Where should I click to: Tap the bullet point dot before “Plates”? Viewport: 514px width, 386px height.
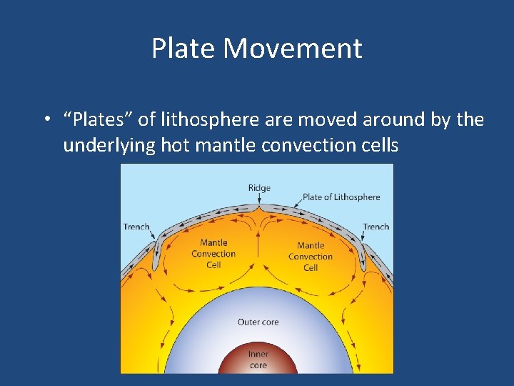click(x=45, y=120)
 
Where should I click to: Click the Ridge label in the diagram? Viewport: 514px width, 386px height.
click(x=259, y=188)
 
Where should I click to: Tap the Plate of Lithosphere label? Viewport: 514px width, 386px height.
click(x=341, y=197)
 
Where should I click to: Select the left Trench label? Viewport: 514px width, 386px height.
click(x=136, y=227)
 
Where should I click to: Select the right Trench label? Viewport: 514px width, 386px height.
click(x=376, y=227)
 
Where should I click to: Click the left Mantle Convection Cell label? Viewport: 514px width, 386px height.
click(x=213, y=254)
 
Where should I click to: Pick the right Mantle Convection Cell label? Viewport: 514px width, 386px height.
click(x=311, y=257)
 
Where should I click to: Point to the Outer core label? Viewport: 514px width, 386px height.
click(x=258, y=322)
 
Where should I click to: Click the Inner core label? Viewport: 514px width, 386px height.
click(x=258, y=360)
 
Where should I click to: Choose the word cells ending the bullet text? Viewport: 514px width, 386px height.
click(x=377, y=145)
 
